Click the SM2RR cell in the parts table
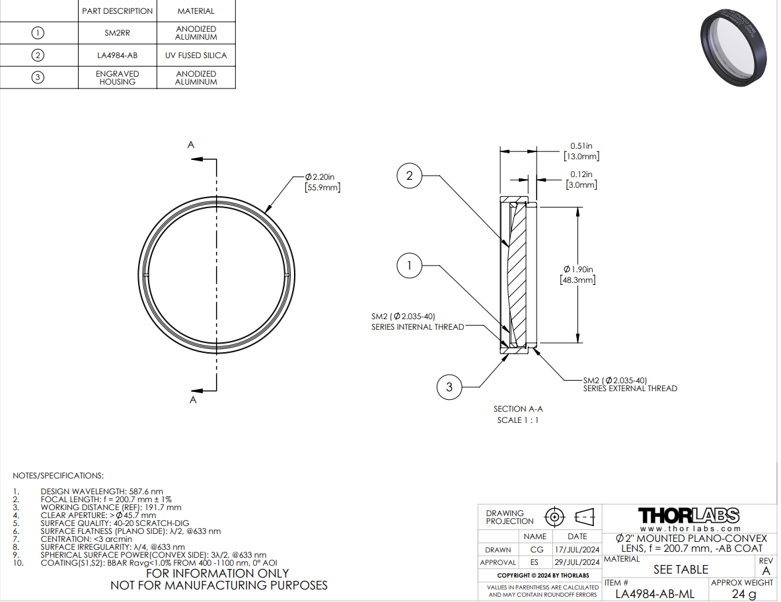pos(117,33)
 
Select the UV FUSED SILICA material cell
pos(196,56)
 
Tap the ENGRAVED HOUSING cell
pos(117,78)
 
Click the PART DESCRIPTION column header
pos(117,11)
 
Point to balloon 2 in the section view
pos(410,176)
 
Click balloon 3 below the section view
pos(449,387)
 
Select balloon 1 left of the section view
pos(410,266)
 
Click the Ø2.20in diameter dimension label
pos(322,182)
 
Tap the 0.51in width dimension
pos(581,151)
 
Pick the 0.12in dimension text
pos(581,179)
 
